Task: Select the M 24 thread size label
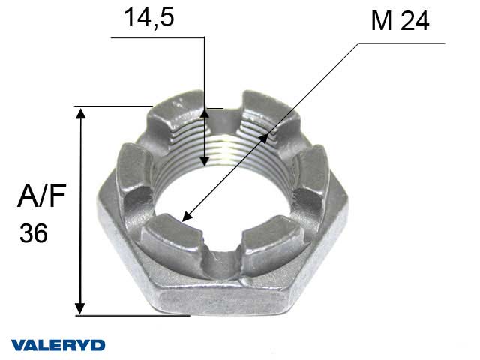pos(400,22)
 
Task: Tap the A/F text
pos(43,198)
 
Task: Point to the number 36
pos(34,234)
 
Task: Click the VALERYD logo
pos(58,344)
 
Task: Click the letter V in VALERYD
pos(17,344)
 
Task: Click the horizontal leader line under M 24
pos(401,43)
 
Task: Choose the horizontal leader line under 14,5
pos(157,35)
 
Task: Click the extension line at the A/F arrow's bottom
pos(135,316)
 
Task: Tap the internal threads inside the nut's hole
pos(225,150)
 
